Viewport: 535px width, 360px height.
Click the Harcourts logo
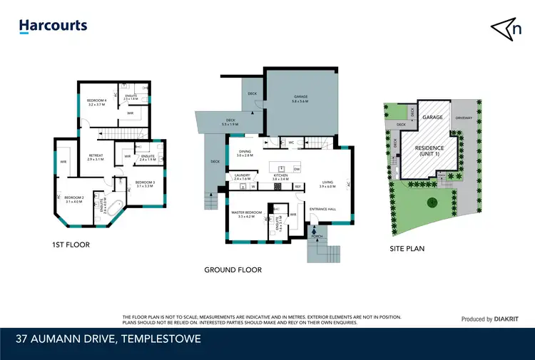pyautogui.click(x=53, y=26)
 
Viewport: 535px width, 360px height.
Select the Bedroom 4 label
pyautogui.click(x=96, y=103)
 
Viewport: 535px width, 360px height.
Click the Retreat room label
pyautogui.click(x=96, y=157)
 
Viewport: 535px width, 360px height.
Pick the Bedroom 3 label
pyautogui.click(x=145, y=184)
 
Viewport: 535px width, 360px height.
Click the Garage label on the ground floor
pyautogui.click(x=300, y=98)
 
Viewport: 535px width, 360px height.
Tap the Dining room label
pyautogui.click(x=245, y=153)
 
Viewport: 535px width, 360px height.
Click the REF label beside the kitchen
pyautogui.click(x=298, y=187)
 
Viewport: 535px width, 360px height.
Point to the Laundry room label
pyautogui.click(x=242, y=176)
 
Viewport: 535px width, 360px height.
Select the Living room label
pyautogui.click(x=327, y=184)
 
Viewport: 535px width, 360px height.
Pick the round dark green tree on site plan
pyautogui.click(x=432, y=202)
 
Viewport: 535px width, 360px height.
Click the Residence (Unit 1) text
pyautogui.click(x=429, y=152)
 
